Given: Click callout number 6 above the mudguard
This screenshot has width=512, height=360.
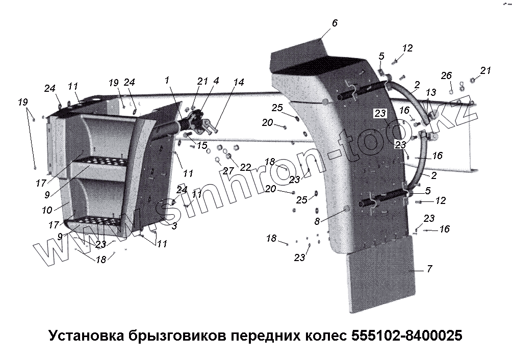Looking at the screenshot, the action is click(335, 23).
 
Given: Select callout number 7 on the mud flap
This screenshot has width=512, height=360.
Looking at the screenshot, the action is click(429, 269).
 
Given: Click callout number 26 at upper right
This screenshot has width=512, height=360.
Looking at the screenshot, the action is click(446, 76).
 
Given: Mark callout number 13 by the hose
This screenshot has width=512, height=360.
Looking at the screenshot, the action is click(431, 92).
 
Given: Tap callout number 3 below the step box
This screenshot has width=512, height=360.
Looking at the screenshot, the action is click(174, 225).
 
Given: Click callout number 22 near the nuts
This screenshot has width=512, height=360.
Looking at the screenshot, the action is click(245, 167).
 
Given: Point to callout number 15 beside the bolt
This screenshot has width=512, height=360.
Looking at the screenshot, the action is click(202, 146).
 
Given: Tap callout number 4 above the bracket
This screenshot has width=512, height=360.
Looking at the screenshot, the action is click(216, 81).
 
